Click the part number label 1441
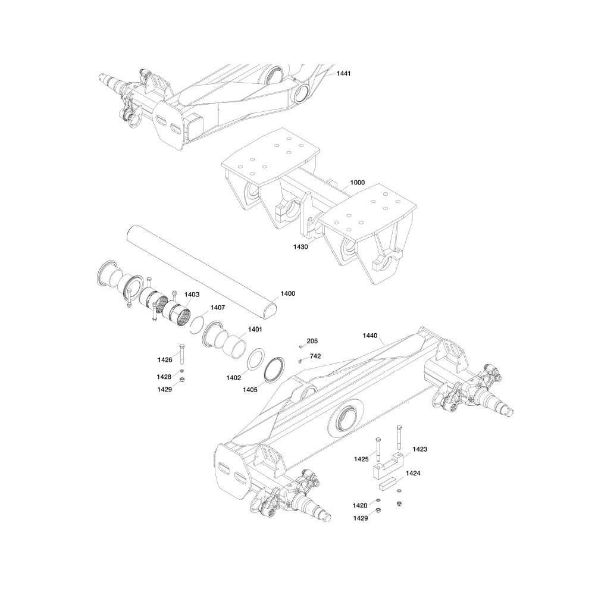tap(343, 73)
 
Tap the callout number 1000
tap(357, 183)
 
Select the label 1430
tap(300, 247)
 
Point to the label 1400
tap(287, 294)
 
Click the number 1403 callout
tap(192, 295)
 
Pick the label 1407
tap(217, 308)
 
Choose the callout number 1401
tap(255, 330)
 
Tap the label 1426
tap(165, 360)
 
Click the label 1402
tap(233, 378)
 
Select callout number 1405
tap(250, 390)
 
